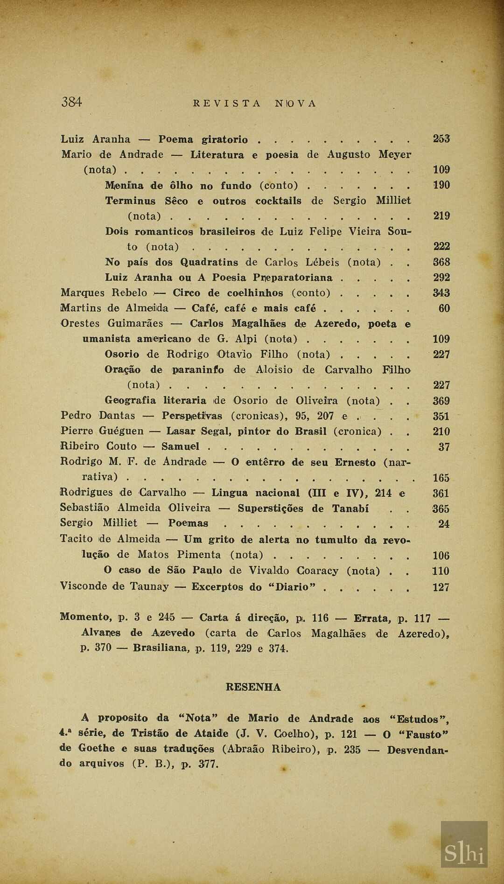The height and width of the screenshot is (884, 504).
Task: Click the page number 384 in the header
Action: [71, 102]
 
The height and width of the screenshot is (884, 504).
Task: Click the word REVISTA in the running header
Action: [227, 104]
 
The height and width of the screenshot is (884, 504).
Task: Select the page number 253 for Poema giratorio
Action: [441, 139]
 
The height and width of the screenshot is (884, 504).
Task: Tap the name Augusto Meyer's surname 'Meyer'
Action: [395, 154]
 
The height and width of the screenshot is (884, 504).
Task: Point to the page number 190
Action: [441, 185]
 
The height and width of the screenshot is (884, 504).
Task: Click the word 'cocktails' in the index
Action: [278, 201]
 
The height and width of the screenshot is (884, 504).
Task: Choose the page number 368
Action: [441, 262]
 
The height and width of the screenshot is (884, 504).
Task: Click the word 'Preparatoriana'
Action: [293, 278]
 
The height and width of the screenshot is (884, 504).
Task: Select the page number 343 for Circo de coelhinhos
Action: [441, 293]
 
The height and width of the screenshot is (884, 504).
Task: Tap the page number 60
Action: [444, 308]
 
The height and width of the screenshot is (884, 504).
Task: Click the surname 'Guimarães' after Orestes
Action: [135, 323]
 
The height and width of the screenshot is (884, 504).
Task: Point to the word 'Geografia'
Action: [131, 401]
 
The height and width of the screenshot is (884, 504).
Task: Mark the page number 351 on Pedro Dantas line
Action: [441, 416]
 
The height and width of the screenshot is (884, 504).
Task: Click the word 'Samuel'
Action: [181, 446]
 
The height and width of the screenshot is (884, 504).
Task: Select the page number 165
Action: [441, 478]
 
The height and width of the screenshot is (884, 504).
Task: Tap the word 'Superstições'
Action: [270, 508]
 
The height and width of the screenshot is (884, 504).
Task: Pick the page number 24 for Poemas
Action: [444, 524]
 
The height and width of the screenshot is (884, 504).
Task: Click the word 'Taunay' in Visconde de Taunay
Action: [150, 586]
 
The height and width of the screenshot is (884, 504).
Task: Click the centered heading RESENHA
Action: [253, 687]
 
